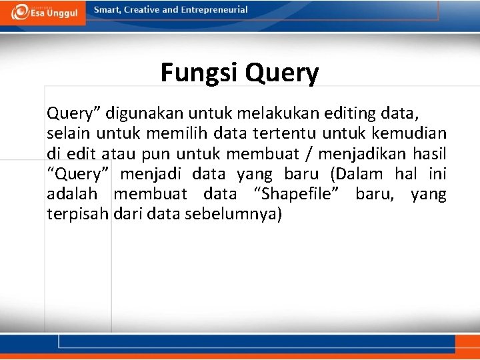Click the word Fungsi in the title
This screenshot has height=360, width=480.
[x=199, y=73]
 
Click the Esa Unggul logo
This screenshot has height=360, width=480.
[x=43, y=13]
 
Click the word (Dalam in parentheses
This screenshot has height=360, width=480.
[x=353, y=175]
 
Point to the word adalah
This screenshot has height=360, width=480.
[x=72, y=194]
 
